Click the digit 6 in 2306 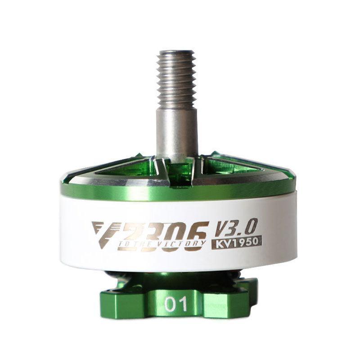pos(197,234)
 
